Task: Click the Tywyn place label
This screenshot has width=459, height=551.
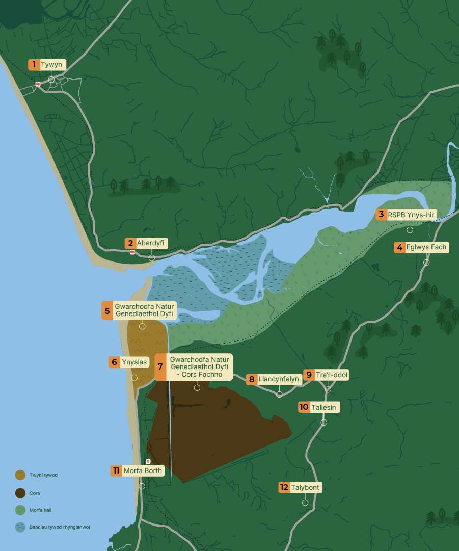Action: point(51,65)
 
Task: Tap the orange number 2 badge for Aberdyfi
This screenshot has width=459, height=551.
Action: point(130,244)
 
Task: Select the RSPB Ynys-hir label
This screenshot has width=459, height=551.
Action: point(411,215)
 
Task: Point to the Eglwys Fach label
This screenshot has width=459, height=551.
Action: point(426,247)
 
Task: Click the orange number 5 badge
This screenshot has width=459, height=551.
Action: point(107,310)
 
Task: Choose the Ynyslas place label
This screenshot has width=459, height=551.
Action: point(134,362)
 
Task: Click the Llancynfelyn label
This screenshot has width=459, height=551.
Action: point(278,379)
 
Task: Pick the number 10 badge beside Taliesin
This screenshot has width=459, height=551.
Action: point(304,407)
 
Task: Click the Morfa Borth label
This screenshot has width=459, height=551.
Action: point(143,470)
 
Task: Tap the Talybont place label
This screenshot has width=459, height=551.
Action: point(305,488)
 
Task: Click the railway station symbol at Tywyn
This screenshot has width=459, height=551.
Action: point(38,84)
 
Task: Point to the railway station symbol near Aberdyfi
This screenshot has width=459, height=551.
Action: point(132,252)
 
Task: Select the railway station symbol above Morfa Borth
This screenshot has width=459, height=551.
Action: point(148,461)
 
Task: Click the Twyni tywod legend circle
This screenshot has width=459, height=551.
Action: point(20,475)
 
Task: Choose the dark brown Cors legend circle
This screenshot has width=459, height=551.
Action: point(20,493)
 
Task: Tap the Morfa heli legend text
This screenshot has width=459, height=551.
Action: point(40,510)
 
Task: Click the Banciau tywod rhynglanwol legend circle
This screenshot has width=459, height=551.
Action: point(20,527)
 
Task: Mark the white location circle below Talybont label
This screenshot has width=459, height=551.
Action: point(305,503)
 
